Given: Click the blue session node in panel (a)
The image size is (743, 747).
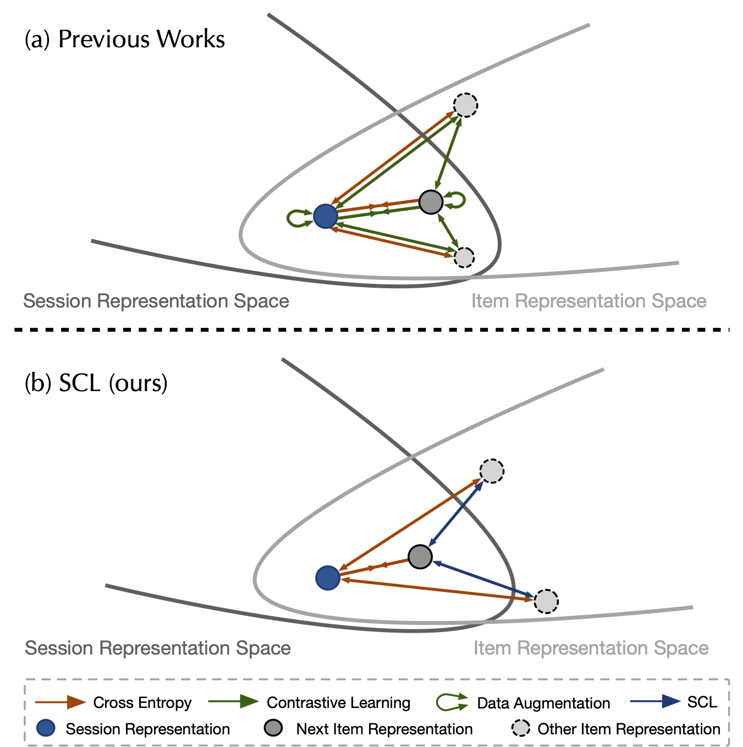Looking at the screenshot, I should point(325,216).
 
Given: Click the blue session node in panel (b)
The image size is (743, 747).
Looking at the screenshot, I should point(328,578).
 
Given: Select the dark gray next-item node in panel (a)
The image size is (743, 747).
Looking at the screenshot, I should point(431,202).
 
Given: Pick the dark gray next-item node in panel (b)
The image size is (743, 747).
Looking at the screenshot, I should point(420,557).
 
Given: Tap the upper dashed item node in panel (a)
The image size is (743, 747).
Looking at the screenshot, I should point(465,105).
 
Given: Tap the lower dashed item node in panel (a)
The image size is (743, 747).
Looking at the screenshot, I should point(464,257).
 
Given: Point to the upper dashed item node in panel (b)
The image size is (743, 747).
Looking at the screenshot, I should point(492,471).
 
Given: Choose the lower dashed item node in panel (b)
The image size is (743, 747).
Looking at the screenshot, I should point(546,601).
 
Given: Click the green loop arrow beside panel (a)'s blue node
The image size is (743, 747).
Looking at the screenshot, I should point(298,218).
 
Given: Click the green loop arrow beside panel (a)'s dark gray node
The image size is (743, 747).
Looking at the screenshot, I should point(456,200).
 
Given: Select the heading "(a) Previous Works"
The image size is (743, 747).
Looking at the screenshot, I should point(125,40).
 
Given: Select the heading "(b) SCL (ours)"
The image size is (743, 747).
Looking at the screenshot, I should point(96,383).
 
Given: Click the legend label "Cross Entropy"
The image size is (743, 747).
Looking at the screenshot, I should point(142,702).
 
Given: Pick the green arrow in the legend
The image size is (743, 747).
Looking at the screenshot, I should point(233,701).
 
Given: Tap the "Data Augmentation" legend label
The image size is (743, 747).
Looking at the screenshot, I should point(543,703).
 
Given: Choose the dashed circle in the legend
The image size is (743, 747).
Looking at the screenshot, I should point(520,728).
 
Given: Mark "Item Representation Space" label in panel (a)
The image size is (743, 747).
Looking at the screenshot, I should point(588,301).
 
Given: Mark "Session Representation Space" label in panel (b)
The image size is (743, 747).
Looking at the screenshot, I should point(158,648).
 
